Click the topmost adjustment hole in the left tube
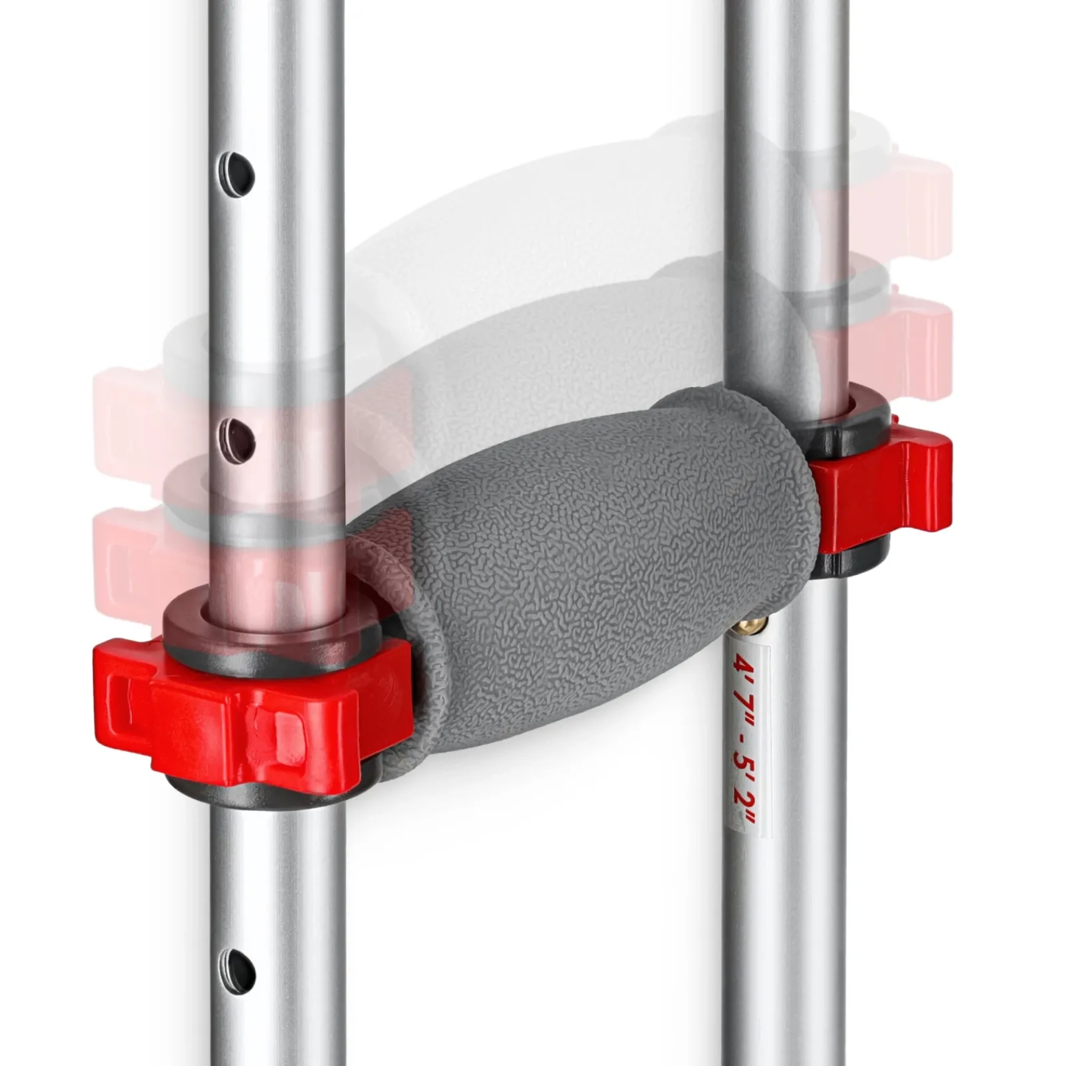(239, 169)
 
